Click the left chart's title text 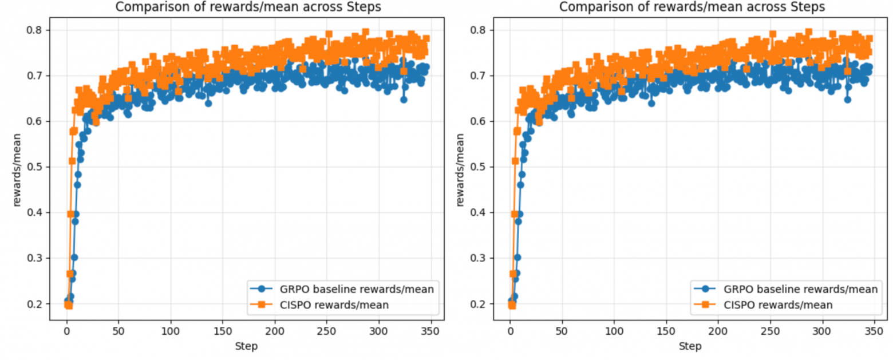(x=248, y=7)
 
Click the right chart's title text (x=692, y=7)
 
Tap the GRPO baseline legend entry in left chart (x=342, y=289)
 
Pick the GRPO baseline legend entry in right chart (x=786, y=289)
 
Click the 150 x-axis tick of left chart (x=223, y=331)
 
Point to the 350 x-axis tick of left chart (x=430, y=331)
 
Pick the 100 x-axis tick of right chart (x=614, y=331)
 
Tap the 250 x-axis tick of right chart (x=770, y=331)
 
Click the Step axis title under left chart (x=246, y=346)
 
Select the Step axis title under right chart (x=690, y=346)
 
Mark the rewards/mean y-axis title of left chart (x=17, y=170)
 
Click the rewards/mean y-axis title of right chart (x=460, y=170)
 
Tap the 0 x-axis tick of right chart (x=510, y=331)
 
